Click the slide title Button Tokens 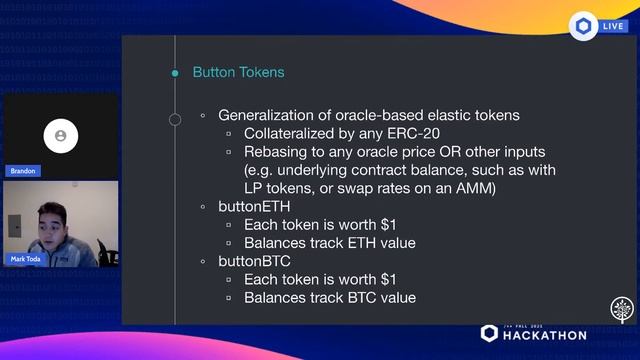[238, 72]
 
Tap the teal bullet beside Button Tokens [174, 72]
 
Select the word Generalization [270, 115]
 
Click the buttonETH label [254, 206]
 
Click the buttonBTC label [254, 261]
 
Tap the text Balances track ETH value [329, 242]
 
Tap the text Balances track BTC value [329, 297]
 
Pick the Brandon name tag [23, 171]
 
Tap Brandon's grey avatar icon [61, 134]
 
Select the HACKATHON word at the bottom [545, 335]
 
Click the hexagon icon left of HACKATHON [489, 333]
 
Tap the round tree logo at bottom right [622, 309]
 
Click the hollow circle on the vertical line [174, 120]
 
